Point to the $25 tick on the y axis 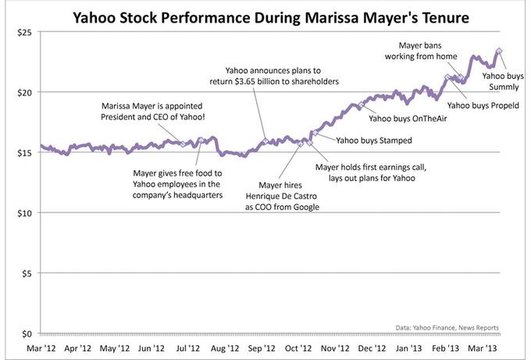pyautogui.click(x=20, y=32)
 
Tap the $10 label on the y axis pyautogui.click(x=20, y=213)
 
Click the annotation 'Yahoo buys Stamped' pyautogui.click(x=373, y=141)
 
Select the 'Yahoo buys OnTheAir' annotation pyautogui.click(x=404, y=119)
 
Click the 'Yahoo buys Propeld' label pyautogui.click(x=482, y=105)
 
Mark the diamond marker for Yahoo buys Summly pyautogui.click(x=499, y=52)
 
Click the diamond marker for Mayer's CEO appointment pyautogui.click(x=184, y=144)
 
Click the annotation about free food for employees pyautogui.click(x=171, y=184)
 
